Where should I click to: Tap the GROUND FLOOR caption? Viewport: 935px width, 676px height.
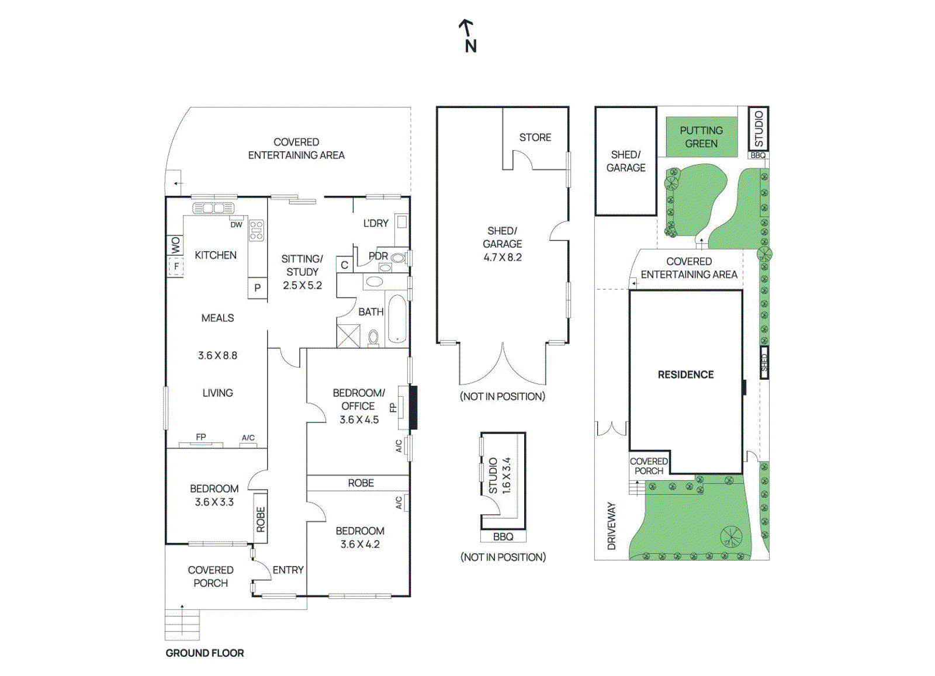coord(205,653)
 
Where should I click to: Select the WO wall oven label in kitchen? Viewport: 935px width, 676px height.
coord(175,245)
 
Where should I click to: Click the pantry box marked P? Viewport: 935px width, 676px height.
coord(257,288)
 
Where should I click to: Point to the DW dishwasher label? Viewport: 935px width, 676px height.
coord(236,224)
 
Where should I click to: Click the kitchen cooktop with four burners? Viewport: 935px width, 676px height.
coord(257,230)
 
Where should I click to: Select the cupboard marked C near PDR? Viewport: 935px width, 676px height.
coord(344,265)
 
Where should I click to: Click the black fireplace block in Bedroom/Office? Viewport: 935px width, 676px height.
coord(413,407)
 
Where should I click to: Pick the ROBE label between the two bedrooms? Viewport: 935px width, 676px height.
coord(361,483)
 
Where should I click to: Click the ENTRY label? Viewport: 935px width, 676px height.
coord(288,570)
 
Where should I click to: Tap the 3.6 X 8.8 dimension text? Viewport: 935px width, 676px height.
coord(217,355)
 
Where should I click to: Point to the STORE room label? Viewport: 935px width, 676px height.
coord(535,137)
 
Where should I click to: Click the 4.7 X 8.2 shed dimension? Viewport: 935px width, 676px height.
coord(502,257)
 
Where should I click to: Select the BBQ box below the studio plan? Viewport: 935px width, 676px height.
coord(503,536)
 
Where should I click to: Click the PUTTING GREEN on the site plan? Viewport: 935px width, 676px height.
coord(701,137)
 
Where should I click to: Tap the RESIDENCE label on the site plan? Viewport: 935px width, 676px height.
coord(685,375)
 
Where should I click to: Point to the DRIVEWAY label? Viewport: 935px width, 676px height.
coord(612,526)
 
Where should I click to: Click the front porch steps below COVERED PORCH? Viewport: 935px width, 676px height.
coord(182,625)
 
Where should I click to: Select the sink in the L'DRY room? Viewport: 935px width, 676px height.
coord(401,222)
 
